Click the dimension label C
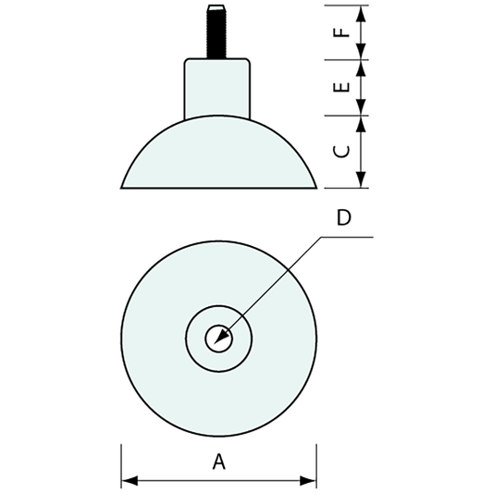point(340,151)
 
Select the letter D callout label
point(343,218)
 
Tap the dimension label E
point(340,88)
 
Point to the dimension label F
point(340,32)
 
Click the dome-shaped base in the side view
point(219,157)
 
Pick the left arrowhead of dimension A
point(128,480)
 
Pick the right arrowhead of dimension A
point(311,480)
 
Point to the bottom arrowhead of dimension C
point(362,181)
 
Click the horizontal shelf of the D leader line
point(348,237)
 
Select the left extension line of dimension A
point(121,462)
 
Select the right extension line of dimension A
point(316,462)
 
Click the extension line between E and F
point(347,60)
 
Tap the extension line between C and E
point(347,117)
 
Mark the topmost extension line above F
point(347,5)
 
